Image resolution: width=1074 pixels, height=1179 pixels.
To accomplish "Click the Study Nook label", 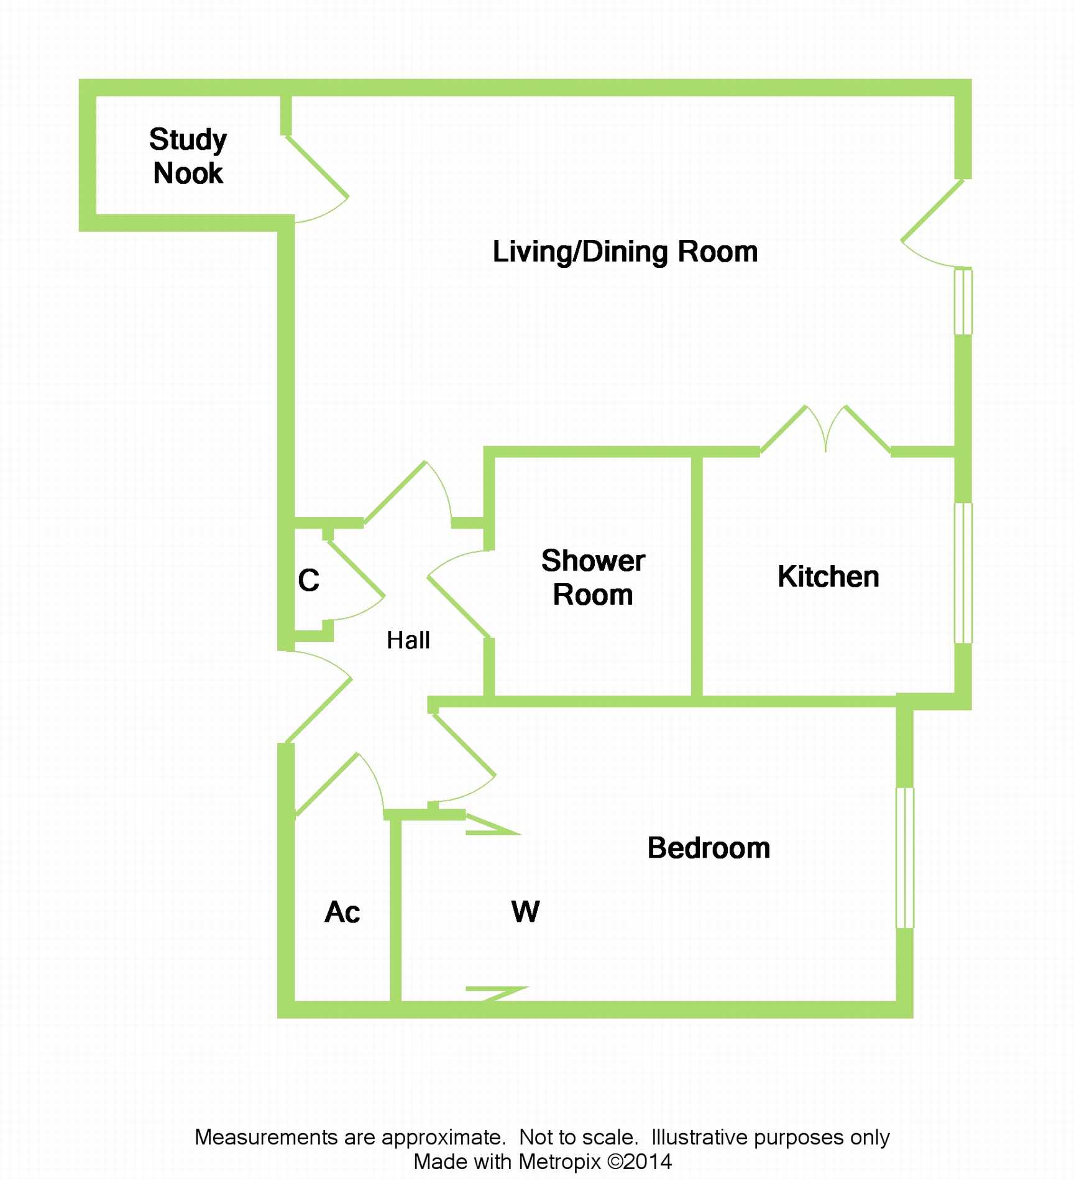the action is pos(188,156).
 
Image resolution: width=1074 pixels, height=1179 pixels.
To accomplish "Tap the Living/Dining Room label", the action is pos(625,252).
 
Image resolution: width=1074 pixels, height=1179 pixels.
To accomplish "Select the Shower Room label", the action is pos(593,577).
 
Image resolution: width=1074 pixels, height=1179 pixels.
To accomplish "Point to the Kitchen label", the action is pos(828,577).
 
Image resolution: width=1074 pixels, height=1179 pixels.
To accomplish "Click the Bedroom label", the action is pos(709,848).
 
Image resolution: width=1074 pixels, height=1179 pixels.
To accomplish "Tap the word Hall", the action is pos(408,640).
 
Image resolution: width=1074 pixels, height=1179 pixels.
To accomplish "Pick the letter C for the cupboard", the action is pos(308,580).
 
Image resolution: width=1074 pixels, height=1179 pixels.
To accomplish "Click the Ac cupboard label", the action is pos(342,912).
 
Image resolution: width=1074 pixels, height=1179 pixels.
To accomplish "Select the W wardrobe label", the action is pos(525,912).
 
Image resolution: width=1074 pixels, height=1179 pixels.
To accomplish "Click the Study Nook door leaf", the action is pos(317,167).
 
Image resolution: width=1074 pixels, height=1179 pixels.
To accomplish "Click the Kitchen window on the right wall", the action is pos(963,573).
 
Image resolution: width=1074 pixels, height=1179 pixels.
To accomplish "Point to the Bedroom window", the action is pos(905,858).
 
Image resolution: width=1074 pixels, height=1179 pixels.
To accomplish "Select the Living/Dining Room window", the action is pos(963,301).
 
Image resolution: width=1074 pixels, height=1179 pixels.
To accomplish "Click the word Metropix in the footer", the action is pos(559,1162).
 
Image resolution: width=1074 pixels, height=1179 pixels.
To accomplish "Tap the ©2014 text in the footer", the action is pos(640,1162).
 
